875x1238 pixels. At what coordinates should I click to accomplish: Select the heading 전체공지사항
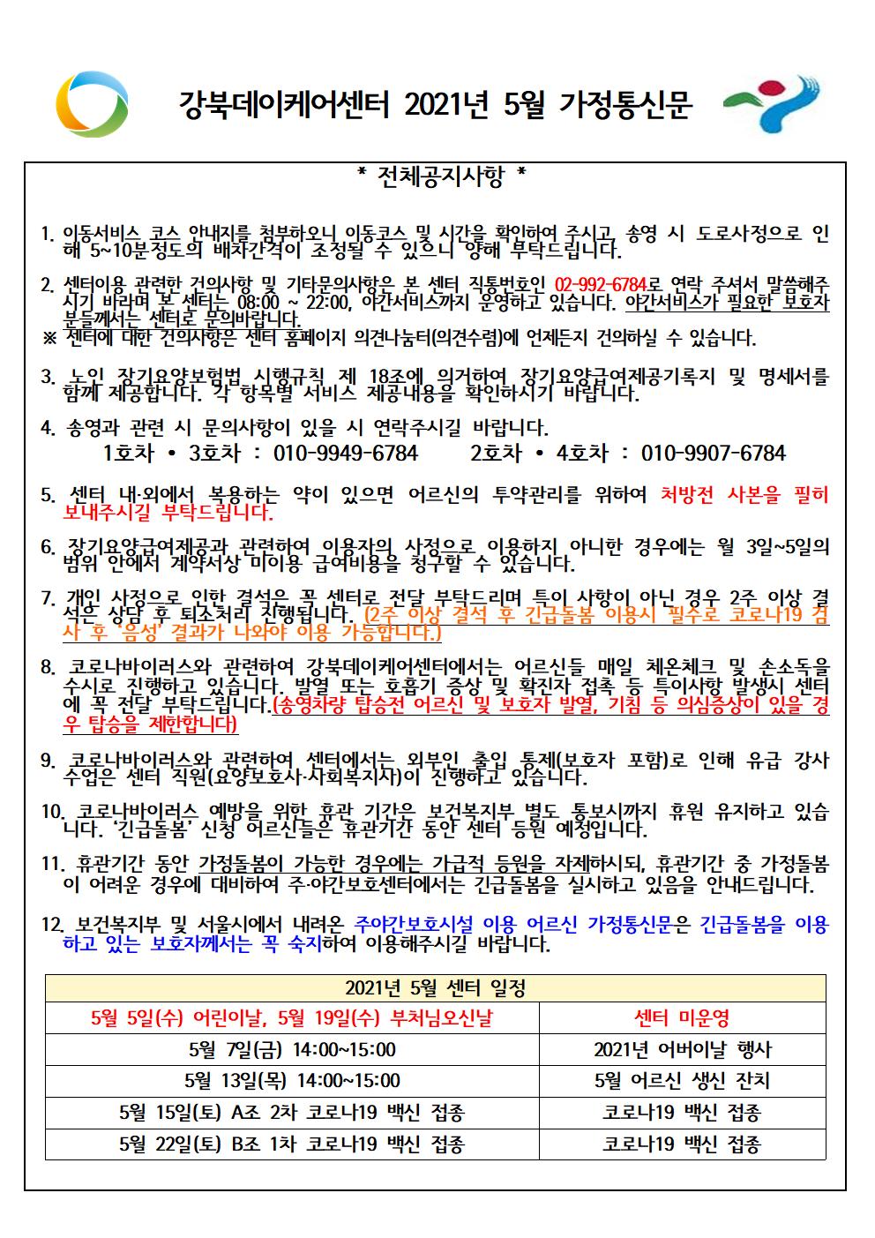tap(441, 177)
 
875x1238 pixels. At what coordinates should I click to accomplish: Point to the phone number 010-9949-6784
tap(346, 454)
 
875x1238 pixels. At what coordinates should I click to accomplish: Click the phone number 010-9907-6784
tap(713, 454)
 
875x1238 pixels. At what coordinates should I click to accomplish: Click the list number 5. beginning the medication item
tap(49, 495)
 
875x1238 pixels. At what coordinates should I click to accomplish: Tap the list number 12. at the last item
tap(52, 926)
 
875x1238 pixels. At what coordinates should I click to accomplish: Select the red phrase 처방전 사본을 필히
tap(744, 494)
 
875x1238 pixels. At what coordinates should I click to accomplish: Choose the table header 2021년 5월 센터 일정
tap(435, 987)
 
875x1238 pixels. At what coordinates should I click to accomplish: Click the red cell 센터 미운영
tap(682, 1018)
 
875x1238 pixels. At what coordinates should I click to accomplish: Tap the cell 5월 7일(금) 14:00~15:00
tap(292, 1050)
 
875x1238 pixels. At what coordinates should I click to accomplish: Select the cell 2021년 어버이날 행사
tap(682, 1050)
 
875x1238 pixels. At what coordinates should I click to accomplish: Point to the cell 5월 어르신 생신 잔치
tap(682, 1081)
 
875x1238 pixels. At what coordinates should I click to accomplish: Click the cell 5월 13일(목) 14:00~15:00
tap(292, 1081)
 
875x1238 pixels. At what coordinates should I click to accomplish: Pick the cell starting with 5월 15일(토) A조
tap(292, 1113)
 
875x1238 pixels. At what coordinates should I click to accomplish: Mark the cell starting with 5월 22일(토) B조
tap(292, 1144)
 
